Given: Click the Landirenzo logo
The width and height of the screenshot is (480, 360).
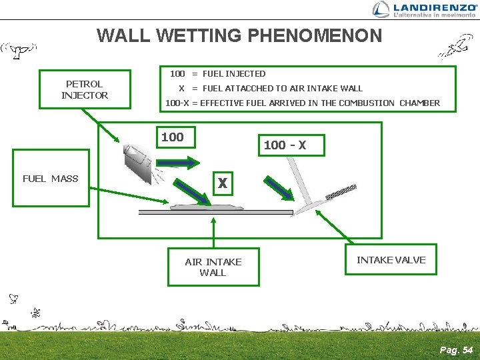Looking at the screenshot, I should [425, 9].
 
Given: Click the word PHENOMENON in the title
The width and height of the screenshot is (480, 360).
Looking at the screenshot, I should [318, 35].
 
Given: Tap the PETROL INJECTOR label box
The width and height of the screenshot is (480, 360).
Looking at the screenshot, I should [85, 89].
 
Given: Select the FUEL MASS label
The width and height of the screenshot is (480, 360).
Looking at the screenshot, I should [51, 179].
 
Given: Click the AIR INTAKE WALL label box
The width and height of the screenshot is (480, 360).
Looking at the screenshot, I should [213, 267].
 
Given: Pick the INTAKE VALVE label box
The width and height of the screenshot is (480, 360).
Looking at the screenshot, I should [391, 260].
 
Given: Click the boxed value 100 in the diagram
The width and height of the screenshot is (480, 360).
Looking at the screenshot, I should [173, 137].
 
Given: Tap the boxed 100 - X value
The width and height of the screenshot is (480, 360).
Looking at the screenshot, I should [285, 145].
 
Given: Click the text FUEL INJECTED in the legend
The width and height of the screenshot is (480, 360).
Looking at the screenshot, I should [233, 74].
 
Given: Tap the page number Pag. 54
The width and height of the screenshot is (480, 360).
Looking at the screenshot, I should [456, 350].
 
